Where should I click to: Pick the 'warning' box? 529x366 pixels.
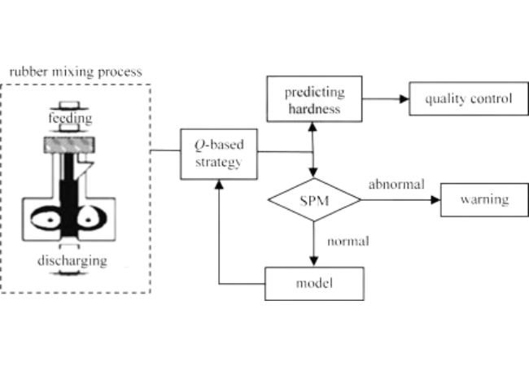click(483, 199)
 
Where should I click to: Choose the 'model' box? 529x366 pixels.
click(314, 284)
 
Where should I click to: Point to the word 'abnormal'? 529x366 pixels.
click(396, 184)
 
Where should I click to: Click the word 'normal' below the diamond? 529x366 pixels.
click(348, 241)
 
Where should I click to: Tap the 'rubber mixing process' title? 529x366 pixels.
click(75, 72)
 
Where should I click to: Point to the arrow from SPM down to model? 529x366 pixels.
click(314, 244)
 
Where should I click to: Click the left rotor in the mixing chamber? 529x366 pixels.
click(49, 216)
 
